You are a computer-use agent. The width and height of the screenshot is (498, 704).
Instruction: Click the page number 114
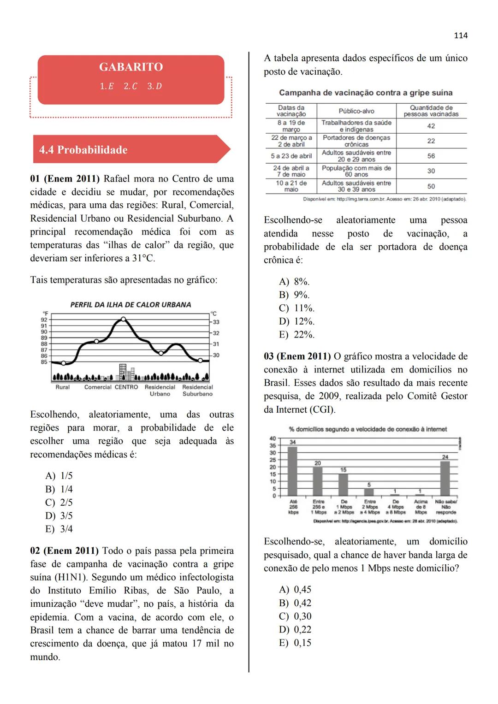tap(460, 35)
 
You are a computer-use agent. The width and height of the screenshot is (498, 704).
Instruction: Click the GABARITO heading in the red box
tap(131, 67)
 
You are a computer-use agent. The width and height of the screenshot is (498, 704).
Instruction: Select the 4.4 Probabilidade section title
tap(83, 150)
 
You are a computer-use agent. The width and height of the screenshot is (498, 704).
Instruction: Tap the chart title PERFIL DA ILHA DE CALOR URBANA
tap(130, 305)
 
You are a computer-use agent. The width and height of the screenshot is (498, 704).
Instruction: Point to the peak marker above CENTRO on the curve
tap(123, 319)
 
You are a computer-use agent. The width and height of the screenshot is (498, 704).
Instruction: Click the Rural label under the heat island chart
tap(63, 387)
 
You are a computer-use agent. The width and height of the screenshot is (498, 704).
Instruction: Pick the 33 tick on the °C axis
tap(216, 322)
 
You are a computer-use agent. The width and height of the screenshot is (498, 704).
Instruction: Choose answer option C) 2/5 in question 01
tap(59, 503)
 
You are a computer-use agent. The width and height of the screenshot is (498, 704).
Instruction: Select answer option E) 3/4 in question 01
tap(59, 529)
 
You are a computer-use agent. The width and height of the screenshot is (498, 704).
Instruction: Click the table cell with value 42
tap(431, 126)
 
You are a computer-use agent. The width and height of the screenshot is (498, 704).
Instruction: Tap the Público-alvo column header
tap(356, 111)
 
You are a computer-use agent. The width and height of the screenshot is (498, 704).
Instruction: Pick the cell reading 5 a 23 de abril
tap(291, 156)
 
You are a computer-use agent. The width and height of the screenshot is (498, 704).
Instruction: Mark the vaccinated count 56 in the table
tap(431, 156)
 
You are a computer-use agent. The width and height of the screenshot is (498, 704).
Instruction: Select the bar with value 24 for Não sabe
tap(445, 478)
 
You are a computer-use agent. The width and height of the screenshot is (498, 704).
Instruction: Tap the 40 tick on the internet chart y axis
tap(273, 438)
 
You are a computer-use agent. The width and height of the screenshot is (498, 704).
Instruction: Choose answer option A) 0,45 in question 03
tap(295, 590)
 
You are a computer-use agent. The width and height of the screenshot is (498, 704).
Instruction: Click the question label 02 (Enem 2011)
tap(64, 551)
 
